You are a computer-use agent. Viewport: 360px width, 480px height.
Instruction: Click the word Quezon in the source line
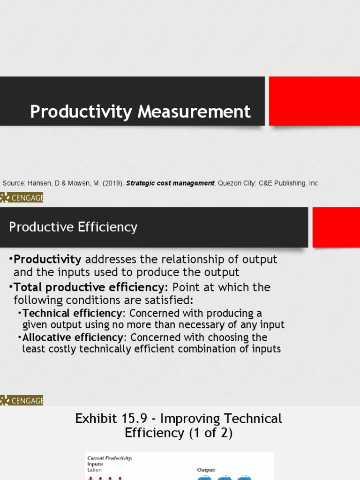click(231, 183)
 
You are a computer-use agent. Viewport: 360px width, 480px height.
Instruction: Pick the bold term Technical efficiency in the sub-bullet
click(72, 313)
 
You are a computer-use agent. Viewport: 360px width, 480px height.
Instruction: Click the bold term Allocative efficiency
click(73, 337)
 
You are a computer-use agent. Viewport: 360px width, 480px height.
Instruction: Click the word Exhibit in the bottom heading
click(97, 419)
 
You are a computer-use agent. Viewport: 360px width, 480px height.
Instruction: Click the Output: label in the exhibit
click(206, 469)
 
